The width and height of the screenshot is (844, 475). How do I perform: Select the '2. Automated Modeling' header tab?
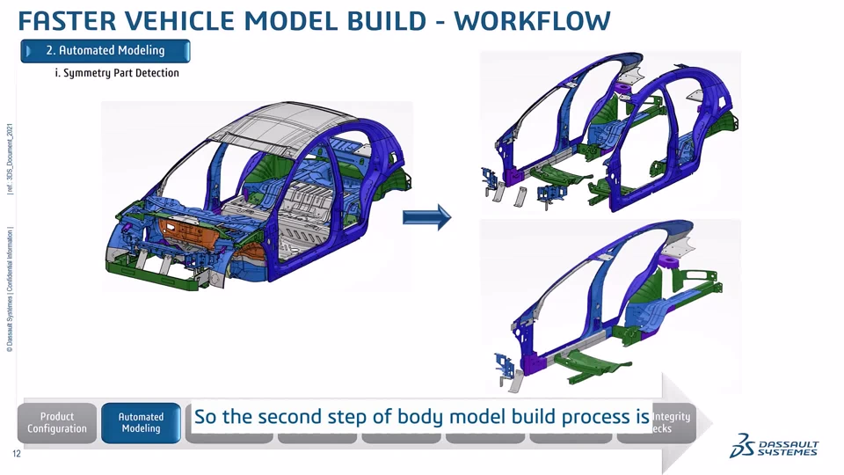[105, 51]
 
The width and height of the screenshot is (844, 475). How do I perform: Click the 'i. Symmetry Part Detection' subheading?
[117, 73]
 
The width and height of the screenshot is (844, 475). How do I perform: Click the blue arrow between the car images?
[426, 217]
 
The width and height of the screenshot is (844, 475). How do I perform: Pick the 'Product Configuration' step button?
[57, 423]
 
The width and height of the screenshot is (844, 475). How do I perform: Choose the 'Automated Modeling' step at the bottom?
[141, 423]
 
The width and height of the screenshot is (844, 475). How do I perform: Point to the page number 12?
[16, 454]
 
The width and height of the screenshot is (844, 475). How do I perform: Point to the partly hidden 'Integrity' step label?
[672, 417]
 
